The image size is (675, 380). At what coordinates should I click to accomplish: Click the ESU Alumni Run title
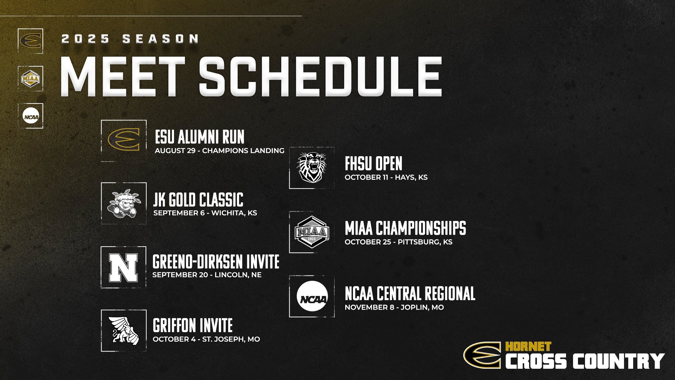point(199,137)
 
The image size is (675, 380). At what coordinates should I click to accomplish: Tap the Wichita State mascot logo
point(123,203)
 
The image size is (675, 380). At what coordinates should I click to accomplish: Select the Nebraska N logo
point(123,267)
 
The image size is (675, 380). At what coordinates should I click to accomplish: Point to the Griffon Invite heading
point(193,325)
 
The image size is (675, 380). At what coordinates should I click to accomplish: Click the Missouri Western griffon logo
point(123,331)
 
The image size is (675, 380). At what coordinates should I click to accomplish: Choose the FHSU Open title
point(373,164)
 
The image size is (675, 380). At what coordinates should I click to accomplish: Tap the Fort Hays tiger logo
point(311,168)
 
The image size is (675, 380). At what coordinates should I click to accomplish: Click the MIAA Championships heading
point(405,228)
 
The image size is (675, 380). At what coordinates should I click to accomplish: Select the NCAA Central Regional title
point(410,293)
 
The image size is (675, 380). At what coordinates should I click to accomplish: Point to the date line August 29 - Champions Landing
point(219,151)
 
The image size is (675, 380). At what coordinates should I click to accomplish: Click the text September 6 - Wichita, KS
point(205,213)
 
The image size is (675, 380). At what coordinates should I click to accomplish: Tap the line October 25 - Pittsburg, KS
point(398,242)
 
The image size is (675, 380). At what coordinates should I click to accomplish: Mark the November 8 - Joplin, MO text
point(394,307)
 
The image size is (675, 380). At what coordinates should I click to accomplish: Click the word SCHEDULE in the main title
point(320,77)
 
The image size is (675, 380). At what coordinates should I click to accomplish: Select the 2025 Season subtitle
point(130,39)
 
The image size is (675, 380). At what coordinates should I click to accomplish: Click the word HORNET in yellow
point(528,347)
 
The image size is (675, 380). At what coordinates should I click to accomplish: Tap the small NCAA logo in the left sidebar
point(31,116)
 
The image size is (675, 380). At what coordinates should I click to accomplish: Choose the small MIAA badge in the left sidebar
point(31,78)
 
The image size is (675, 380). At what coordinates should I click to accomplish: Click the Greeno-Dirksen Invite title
point(216,262)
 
